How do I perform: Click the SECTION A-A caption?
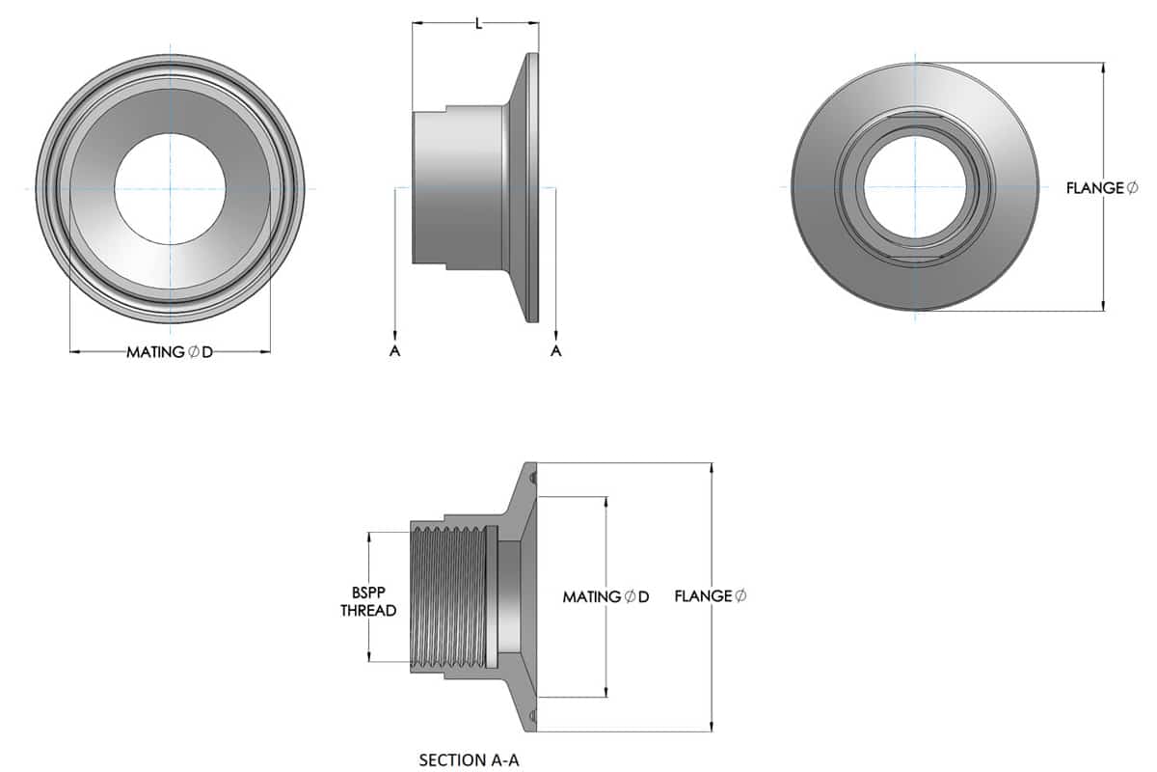tap(469, 760)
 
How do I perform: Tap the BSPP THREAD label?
tap(368, 601)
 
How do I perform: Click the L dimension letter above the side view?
tap(479, 23)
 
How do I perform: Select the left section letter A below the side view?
tap(394, 351)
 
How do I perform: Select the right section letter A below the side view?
tap(555, 351)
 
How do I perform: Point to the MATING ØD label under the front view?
tap(170, 352)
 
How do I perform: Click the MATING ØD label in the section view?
tap(605, 597)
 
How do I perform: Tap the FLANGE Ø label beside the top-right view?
tap(1102, 188)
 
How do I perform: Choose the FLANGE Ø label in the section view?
tap(711, 596)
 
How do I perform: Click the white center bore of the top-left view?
tap(170, 189)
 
